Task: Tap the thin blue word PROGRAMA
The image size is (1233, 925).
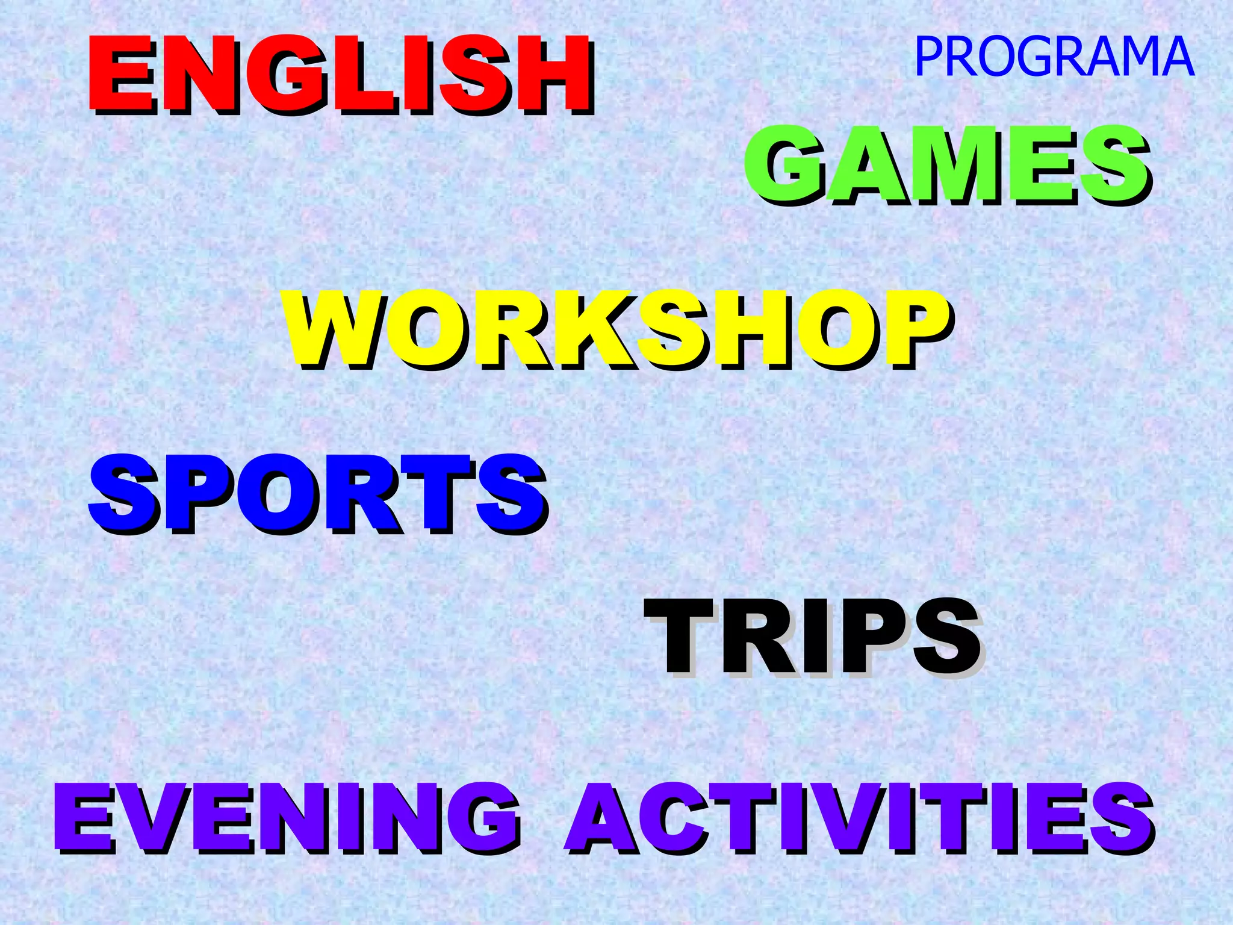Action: point(1054,57)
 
